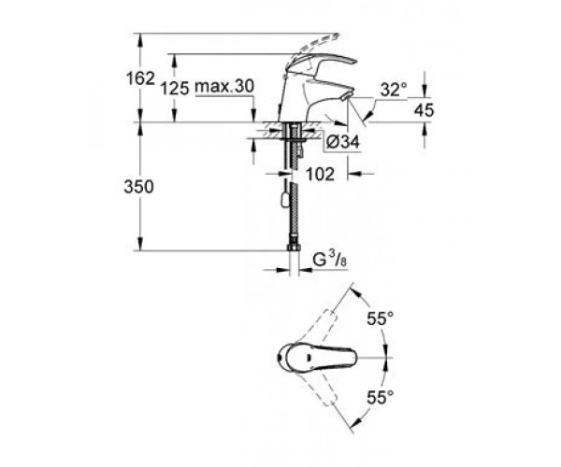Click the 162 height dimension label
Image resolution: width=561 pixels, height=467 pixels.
pyautogui.click(x=140, y=78)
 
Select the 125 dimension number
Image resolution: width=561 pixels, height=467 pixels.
pyautogui.click(x=175, y=88)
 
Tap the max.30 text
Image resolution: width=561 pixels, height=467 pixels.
pyautogui.click(x=224, y=86)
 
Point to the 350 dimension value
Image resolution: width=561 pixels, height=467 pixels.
pyautogui.click(x=138, y=187)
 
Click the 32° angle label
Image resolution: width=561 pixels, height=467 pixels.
pyautogui.click(x=394, y=90)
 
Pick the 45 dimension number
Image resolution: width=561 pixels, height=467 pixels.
pyautogui.click(x=424, y=110)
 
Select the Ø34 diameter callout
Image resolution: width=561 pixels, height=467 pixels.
pyautogui.click(x=343, y=142)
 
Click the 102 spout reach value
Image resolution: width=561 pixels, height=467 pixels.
pyautogui.click(x=320, y=174)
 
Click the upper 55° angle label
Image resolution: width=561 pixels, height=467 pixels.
pyautogui.click(x=381, y=318)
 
